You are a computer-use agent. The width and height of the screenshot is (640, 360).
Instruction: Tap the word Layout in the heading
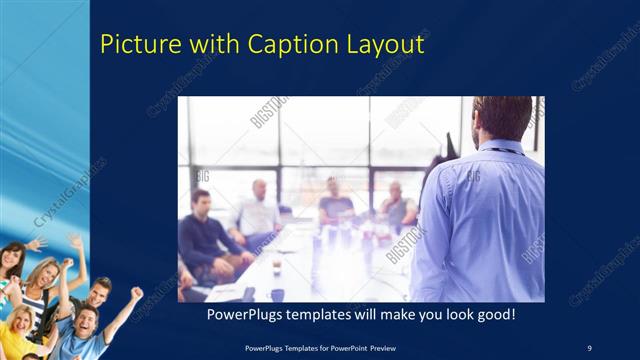(385, 45)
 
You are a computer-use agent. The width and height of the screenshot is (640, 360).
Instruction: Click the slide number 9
(589, 346)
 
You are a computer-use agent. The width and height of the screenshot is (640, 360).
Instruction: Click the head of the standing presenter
(502, 118)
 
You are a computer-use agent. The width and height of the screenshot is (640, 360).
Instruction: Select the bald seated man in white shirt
(258, 210)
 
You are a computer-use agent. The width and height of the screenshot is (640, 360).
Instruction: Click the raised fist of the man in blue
(137, 293)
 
